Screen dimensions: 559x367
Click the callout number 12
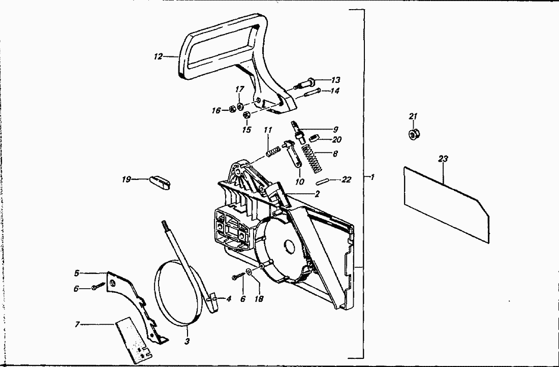click(x=158, y=56)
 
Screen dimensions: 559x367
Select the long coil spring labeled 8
click(x=313, y=159)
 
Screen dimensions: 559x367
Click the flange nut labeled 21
click(x=414, y=134)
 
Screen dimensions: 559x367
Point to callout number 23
click(x=443, y=159)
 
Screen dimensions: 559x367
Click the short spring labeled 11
click(x=273, y=151)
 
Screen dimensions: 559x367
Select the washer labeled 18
click(x=250, y=273)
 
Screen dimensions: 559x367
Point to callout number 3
click(x=187, y=341)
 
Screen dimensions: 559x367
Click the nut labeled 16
click(x=232, y=109)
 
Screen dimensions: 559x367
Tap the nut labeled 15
click(x=246, y=115)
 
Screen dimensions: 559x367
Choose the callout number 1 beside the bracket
click(x=372, y=177)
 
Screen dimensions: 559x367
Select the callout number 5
click(x=77, y=273)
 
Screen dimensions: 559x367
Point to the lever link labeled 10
click(x=293, y=154)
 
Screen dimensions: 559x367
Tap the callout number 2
click(x=317, y=194)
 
